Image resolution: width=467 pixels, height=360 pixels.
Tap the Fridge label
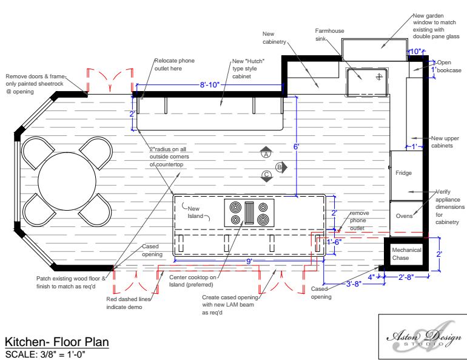(x=403, y=174)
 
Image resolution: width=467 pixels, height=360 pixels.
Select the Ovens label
(x=404, y=216)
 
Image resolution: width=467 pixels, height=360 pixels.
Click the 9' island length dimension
(x=249, y=261)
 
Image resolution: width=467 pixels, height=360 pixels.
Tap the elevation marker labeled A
(x=266, y=154)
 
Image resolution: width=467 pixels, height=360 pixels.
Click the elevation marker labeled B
(x=280, y=166)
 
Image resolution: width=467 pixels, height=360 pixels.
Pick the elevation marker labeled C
(x=266, y=176)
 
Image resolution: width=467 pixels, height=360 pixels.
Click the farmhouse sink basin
(x=366, y=82)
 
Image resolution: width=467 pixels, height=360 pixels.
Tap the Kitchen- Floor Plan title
(x=57, y=342)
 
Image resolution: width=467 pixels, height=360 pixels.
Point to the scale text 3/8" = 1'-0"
(x=45, y=354)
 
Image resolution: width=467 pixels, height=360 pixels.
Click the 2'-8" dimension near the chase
(x=406, y=277)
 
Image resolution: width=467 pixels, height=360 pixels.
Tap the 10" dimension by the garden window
(x=415, y=52)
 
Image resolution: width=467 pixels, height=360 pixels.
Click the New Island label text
(x=195, y=212)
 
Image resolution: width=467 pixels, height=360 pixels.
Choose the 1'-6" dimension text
(x=335, y=242)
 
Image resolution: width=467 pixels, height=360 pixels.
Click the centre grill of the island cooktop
(x=249, y=213)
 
